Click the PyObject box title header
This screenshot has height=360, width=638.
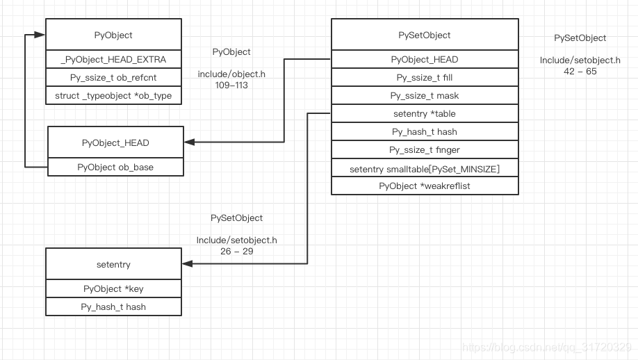tap(113, 35)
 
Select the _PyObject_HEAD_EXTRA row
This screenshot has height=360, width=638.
tap(113, 59)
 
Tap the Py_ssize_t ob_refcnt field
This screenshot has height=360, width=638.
tap(113, 77)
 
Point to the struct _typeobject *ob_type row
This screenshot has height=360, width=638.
tap(113, 95)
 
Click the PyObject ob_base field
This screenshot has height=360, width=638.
tap(115, 167)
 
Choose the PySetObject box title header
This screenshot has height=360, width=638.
tap(424, 35)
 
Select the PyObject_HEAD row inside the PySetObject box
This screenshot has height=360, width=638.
tap(424, 60)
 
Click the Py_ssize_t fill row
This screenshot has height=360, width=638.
tap(424, 78)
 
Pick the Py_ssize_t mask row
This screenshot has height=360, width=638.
tap(424, 96)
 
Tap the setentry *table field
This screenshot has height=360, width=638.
tap(424, 114)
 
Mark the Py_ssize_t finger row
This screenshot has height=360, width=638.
tap(424, 149)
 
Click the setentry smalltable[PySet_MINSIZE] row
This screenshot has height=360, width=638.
tap(424, 168)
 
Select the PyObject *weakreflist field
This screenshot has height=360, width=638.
tap(424, 186)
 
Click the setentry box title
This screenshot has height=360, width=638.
tap(113, 264)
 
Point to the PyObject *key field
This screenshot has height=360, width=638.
tap(113, 288)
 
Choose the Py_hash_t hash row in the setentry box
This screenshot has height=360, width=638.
tap(113, 306)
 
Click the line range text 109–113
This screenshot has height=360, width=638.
tap(231, 85)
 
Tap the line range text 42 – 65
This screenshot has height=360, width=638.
tap(580, 71)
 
